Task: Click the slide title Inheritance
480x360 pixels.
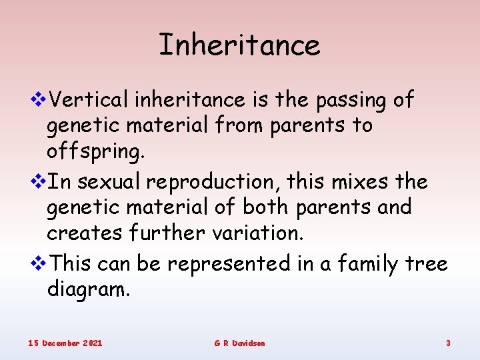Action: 239,45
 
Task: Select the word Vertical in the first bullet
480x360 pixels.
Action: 90,100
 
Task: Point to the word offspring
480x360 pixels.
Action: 95,152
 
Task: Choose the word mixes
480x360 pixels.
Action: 346,182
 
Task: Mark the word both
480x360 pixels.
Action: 265,207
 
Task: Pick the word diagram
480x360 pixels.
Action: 87,290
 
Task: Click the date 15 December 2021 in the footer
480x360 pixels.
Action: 65,343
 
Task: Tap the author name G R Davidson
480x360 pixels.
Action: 239,343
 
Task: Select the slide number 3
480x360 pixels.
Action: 448,343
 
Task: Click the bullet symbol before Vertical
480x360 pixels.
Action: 40,100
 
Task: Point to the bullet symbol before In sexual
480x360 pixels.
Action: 40,182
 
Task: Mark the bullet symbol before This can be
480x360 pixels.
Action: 40,264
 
